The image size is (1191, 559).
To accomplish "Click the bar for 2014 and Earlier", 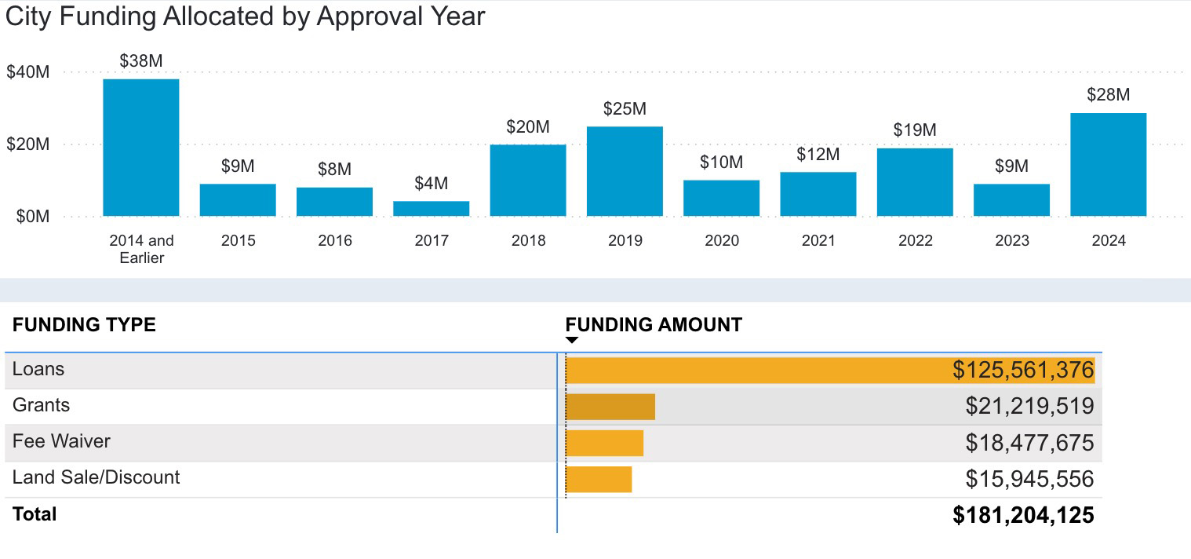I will tap(141, 148).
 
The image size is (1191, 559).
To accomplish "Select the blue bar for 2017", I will tap(431, 209).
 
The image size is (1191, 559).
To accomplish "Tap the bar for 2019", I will tap(625, 171).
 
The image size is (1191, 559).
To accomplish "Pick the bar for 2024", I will tap(1108, 165).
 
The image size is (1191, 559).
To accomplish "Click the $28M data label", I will tap(1108, 95).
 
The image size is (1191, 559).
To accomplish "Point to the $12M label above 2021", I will tap(818, 155).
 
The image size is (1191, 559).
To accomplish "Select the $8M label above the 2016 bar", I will tap(334, 170).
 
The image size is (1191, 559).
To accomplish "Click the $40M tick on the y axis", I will tap(28, 72).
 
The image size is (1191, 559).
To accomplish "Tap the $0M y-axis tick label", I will tap(33, 217).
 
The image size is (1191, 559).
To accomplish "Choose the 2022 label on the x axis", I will tap(915, 241).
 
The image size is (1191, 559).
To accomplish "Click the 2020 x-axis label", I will tap(721, 241).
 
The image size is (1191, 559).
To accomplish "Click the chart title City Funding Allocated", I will tap(245, 17).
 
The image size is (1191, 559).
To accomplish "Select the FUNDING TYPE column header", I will tap(84, 325).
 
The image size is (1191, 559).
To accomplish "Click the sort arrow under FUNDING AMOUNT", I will tap(572, 340).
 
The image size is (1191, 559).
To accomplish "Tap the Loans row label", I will tap(38, 369).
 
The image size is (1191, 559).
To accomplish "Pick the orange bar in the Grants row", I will tap(610, 407).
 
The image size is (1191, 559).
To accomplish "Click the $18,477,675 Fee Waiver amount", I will tap(1029, 443).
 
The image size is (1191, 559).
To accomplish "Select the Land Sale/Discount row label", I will tap(96, 477).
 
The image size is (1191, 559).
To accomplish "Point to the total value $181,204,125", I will tap(1023, 515).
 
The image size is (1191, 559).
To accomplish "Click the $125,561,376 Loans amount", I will tap(1023, 371).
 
